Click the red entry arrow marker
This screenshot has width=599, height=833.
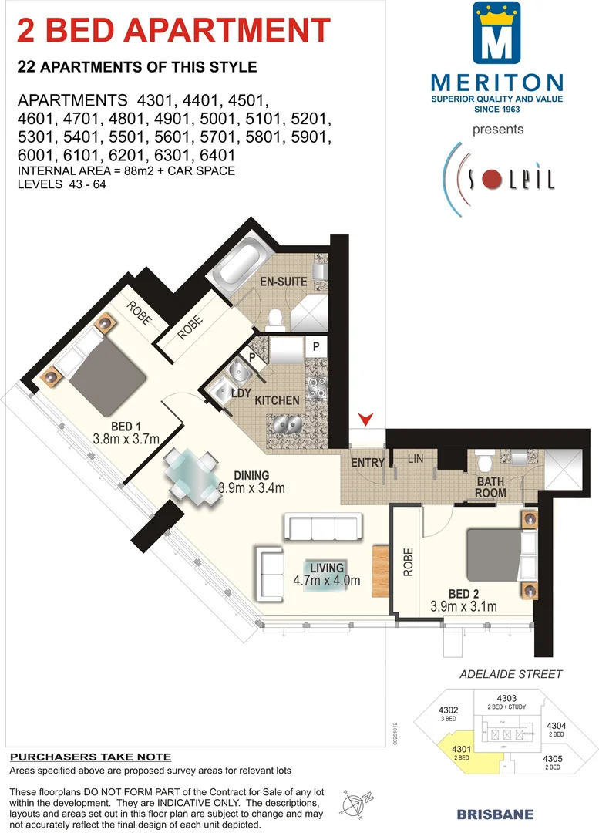click(x=368, y=419)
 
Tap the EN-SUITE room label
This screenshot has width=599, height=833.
click(x=283, y=282)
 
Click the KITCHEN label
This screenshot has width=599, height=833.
click(x=277, y=400)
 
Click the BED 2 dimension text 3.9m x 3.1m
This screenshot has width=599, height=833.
click(x=465, y=607)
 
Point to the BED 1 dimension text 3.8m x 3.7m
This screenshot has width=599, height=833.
click(x=125, y=439)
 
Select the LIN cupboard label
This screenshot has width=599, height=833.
click(x=416, y=460)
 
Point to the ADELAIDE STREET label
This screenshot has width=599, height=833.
click(x=510, y=674)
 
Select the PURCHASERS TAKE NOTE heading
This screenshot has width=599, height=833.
click(x=90, y=757)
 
